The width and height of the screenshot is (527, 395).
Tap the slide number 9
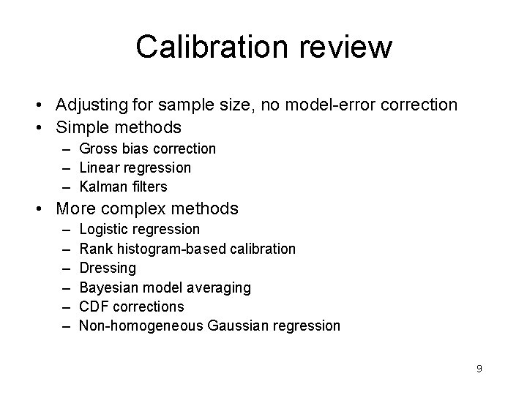click(479, 369)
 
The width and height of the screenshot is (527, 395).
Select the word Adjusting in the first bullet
click(92, 105)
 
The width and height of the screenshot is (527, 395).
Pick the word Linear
click(98, 168)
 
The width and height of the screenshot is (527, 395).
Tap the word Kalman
click(102, 187)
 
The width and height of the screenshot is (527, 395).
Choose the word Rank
click(94, 249)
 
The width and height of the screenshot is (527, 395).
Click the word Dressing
click(108, 268)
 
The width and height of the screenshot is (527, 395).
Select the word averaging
click(220, 287)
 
